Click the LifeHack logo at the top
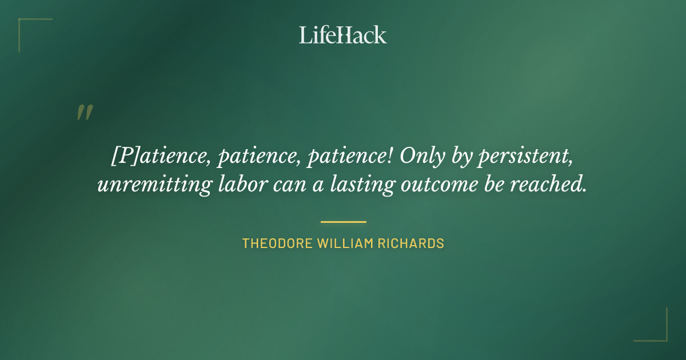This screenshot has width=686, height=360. coord(342,35)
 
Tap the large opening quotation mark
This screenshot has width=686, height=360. coord(84,113)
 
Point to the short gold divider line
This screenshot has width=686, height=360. coord(343,222)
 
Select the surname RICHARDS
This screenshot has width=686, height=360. coord(411,243)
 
